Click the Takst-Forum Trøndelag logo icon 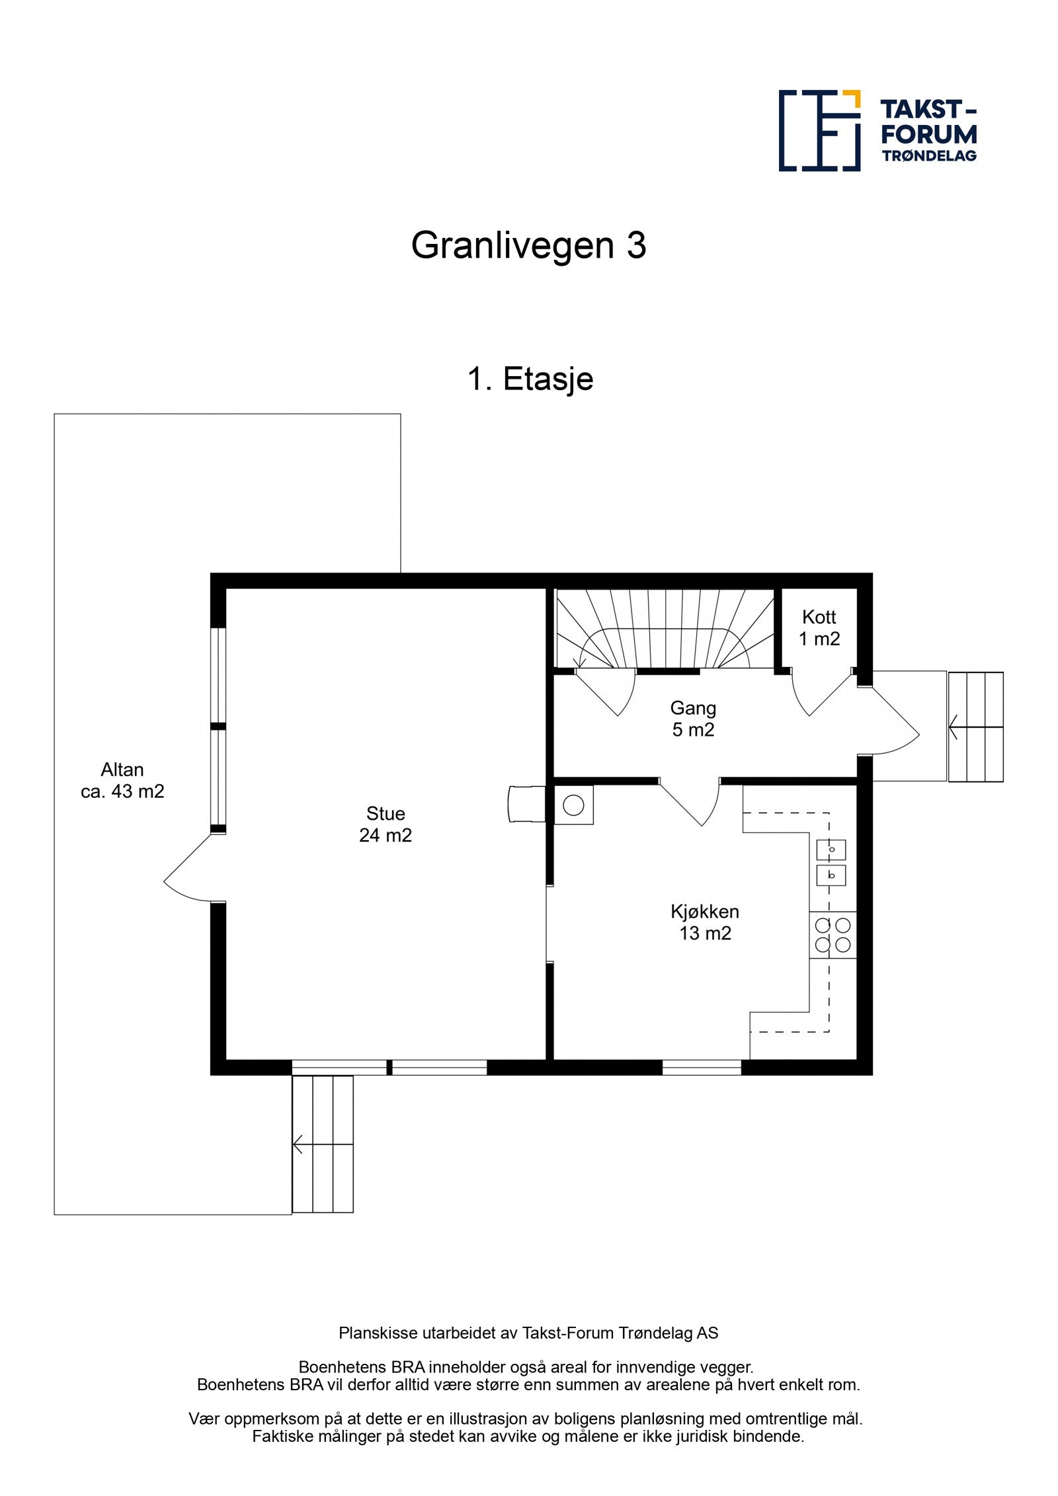click(x=819, y=131)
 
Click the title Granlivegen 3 click(x=528, y=245)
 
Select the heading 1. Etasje click(x=530, y=379)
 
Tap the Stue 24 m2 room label click(x=385, y=824)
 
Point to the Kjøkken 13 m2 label click(x=705, y=922)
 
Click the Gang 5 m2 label click(x=693, y=719)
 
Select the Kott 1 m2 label click(x=819, y=627)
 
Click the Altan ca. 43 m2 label click(x=122, y=780)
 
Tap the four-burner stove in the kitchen click(x=833, y=935)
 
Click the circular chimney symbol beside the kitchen click(x=573, y=805)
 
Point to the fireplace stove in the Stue click(x=526, y=804)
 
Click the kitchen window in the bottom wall click(x=702, y=1067)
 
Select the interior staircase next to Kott click(x=664, y=629)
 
